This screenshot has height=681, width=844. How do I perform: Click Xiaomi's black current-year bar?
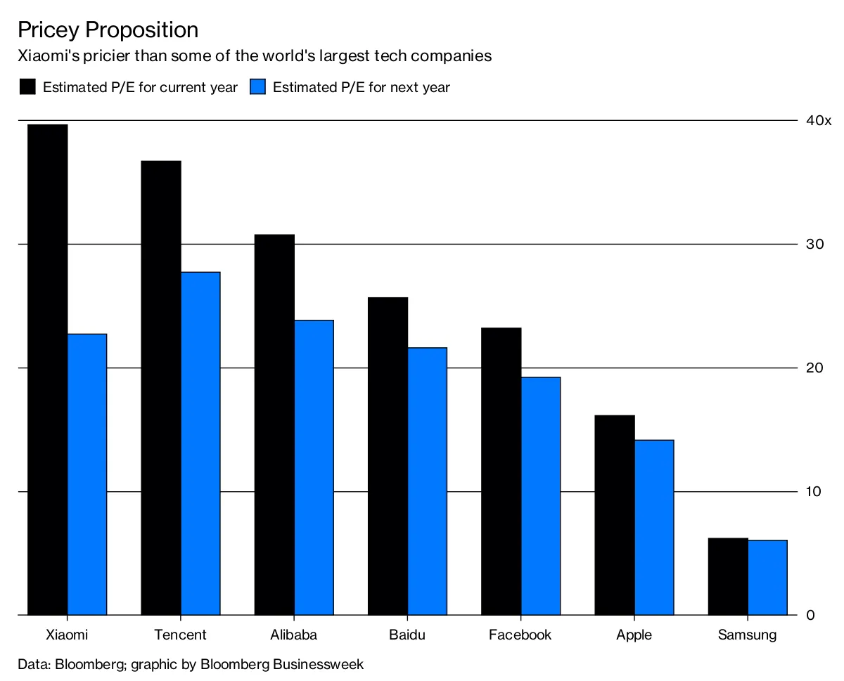point(48,370)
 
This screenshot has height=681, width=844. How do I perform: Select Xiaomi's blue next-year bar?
point(87,474)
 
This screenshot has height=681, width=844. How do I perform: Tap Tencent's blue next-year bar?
point(200,443)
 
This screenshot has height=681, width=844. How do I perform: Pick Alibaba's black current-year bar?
point(274,424)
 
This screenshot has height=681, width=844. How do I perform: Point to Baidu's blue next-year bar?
point(428,481)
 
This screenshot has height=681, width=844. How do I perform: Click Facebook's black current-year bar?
point(501,471)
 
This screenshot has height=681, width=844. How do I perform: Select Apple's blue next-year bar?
point(654,527)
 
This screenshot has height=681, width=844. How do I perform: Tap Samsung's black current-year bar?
point(728,576)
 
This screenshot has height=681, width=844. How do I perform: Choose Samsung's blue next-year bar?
point(767,577)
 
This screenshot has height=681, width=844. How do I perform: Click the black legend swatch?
point(27,86)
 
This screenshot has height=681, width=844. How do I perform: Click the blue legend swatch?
point(257,86)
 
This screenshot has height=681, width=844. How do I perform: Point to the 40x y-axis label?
point(819,120)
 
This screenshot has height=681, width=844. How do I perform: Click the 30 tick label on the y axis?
point(814,245)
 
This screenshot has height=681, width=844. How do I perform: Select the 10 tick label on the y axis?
point(814,492)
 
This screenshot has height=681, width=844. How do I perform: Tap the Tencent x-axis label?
point(180,635)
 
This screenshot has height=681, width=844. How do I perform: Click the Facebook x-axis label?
point(520,635)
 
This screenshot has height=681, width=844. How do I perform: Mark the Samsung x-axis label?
point(748,635)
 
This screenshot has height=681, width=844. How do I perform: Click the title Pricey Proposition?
point(108,30)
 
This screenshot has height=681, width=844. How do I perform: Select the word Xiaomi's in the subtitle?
point(49,56)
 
